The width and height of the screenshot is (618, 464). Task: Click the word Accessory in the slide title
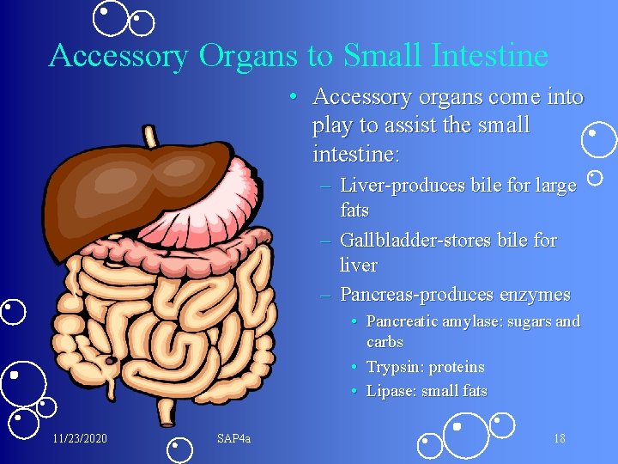(119, 56)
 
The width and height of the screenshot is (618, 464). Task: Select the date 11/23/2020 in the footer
(80, 439)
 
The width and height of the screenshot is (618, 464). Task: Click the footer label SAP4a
(233, 439)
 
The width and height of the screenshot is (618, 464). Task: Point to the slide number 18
(559, 439)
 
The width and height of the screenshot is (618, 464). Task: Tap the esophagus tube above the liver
(150, 136)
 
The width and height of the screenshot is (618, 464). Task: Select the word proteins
(457, 367)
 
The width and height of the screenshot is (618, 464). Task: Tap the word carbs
(385, 342)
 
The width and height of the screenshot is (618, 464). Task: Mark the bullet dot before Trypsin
(354, 367)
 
